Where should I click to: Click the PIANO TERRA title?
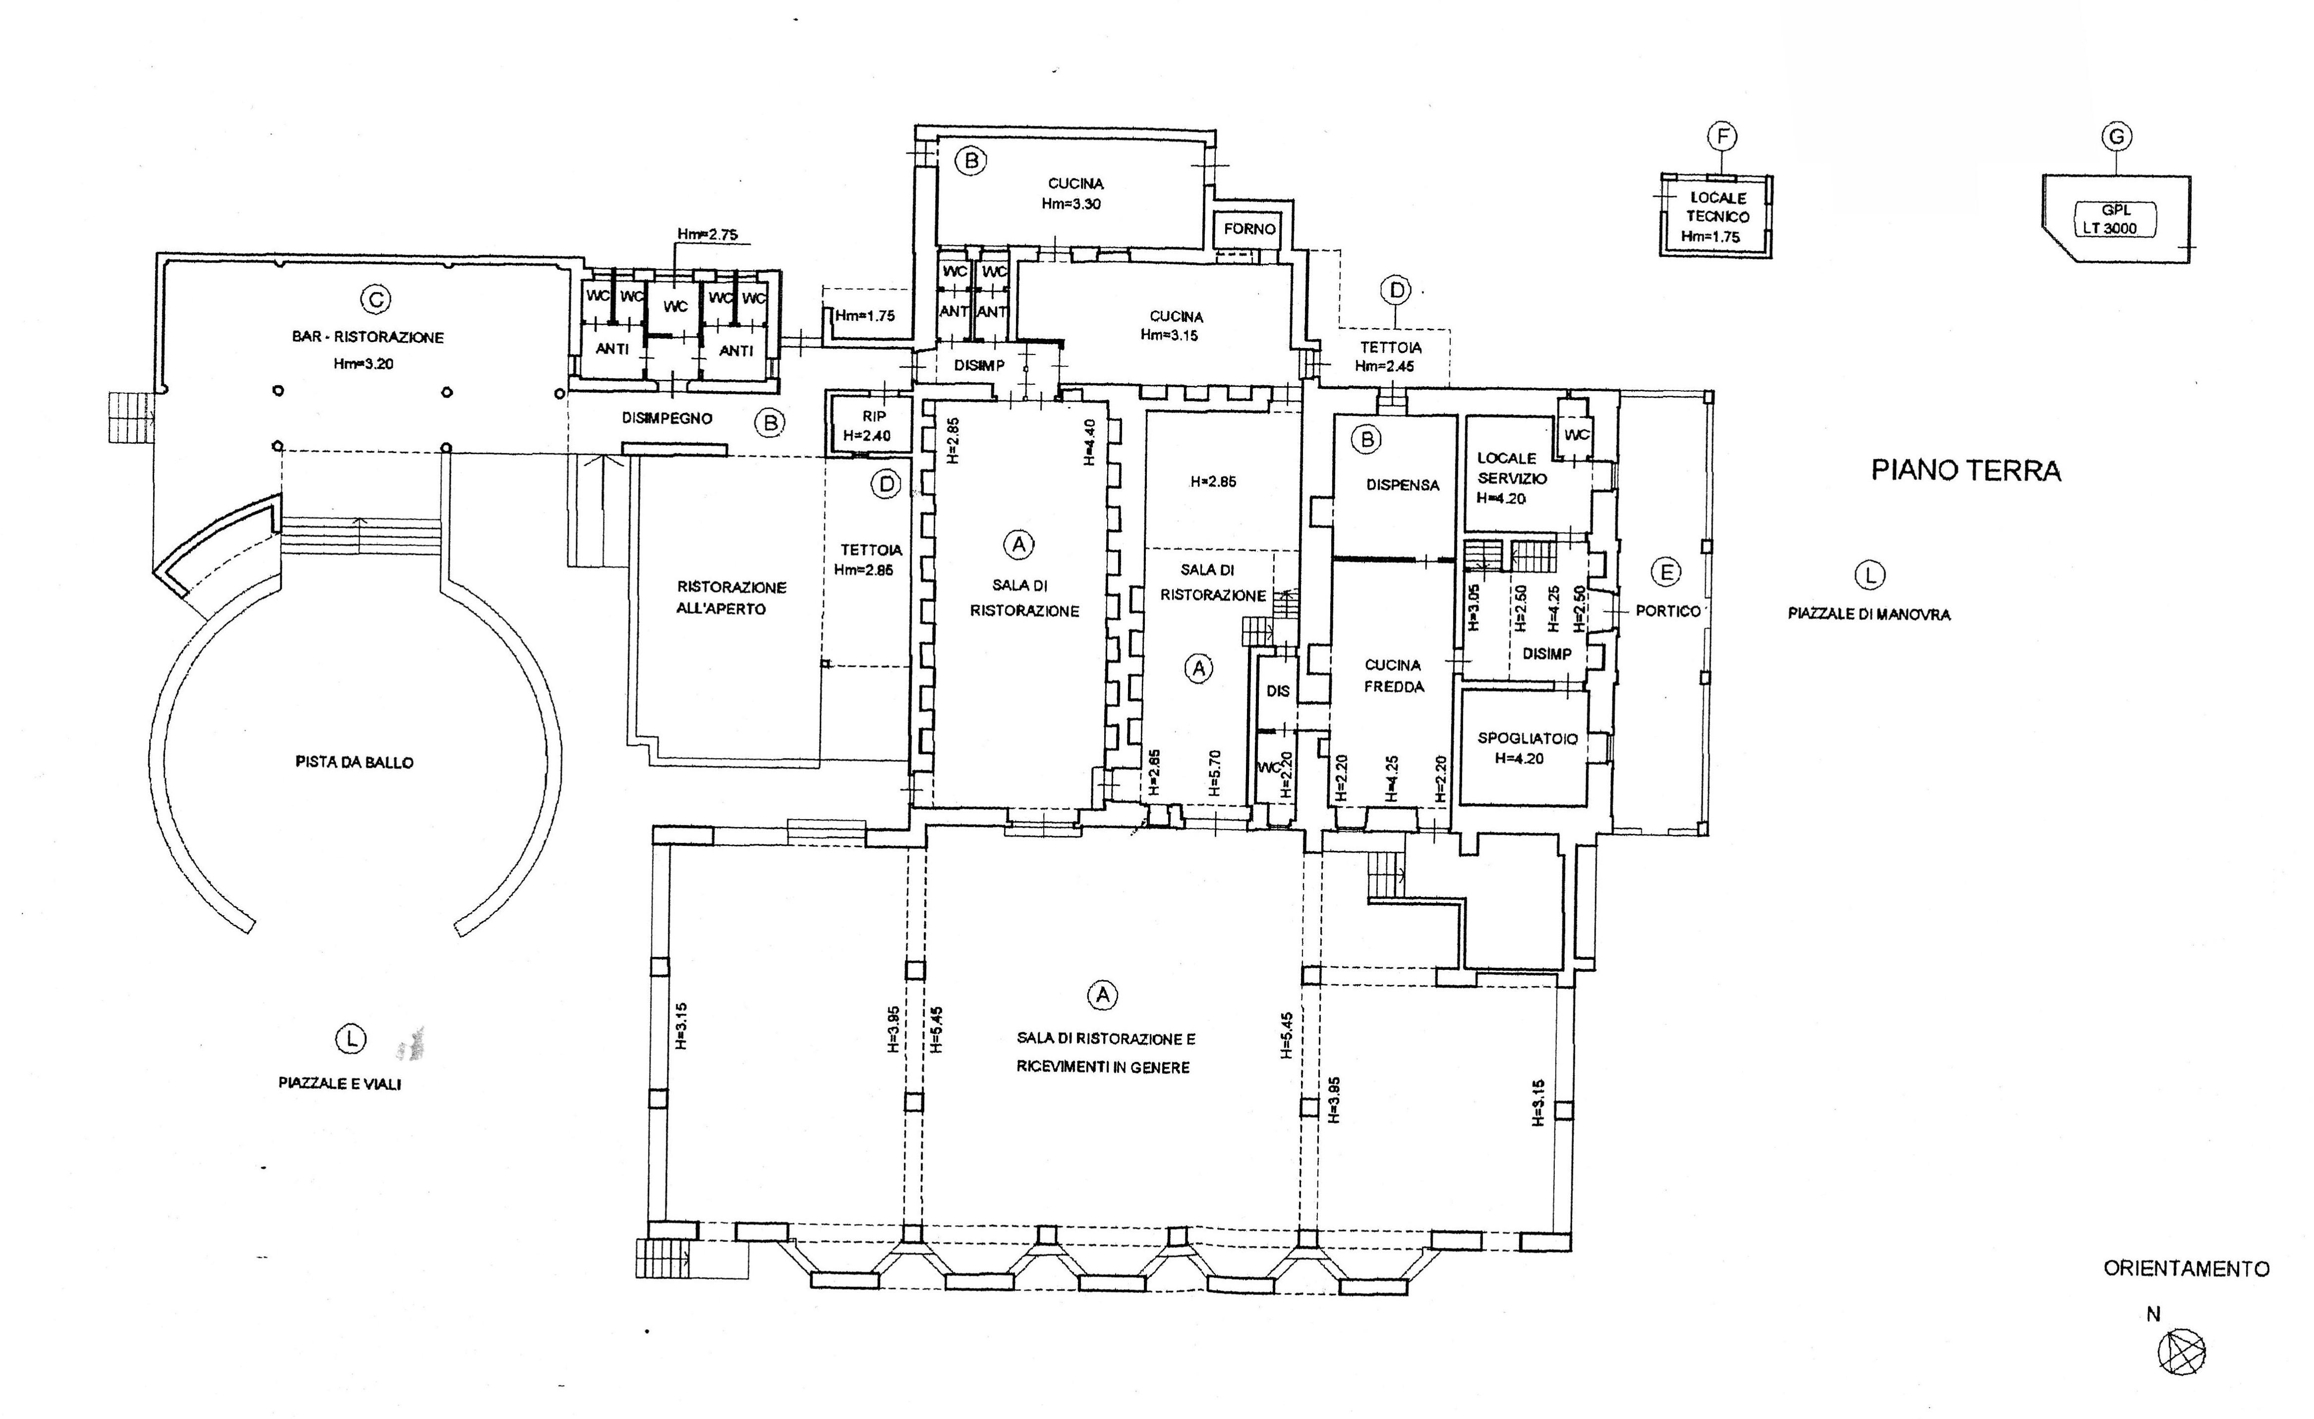(1966, 471)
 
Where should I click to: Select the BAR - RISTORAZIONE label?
(368, 337)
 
